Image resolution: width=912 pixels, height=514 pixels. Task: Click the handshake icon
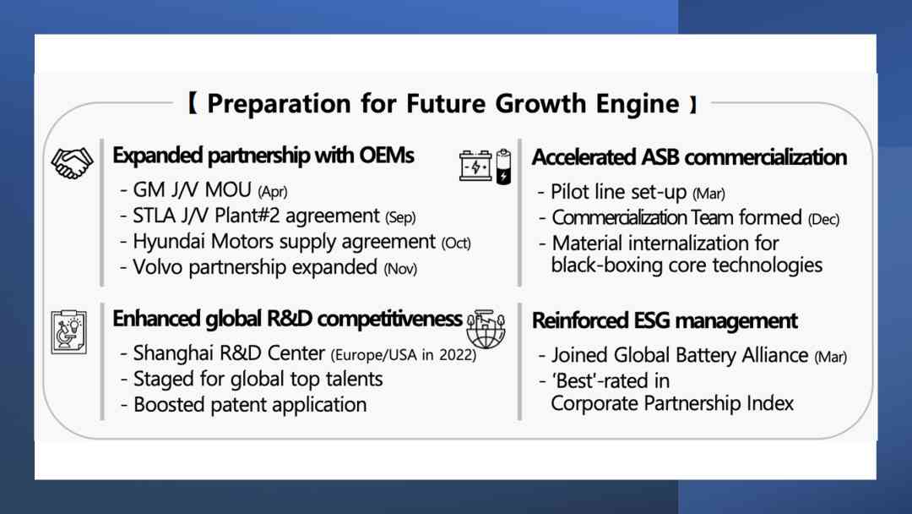(x=72, y=162)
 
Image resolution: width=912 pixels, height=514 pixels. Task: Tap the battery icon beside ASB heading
(x=485, y=167)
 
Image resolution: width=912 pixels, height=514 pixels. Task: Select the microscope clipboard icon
(x=69, y=331)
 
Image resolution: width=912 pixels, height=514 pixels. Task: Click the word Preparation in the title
(x=279, y=105)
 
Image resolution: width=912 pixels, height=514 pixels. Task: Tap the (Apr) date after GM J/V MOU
(x=272, y=192)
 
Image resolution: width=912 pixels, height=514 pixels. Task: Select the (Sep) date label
(x=400, y=218)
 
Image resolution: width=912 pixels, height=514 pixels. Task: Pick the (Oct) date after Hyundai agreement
(x=456, y=243)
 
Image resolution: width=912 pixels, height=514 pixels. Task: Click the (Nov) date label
(x=400, y=269)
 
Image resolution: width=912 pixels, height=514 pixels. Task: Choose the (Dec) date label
(x=823, y=220)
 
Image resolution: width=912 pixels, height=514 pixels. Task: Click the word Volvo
(x=158, y=267)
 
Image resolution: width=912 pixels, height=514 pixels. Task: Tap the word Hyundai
(x=169, y=242)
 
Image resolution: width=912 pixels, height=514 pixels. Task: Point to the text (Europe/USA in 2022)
(x=404, y=355)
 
